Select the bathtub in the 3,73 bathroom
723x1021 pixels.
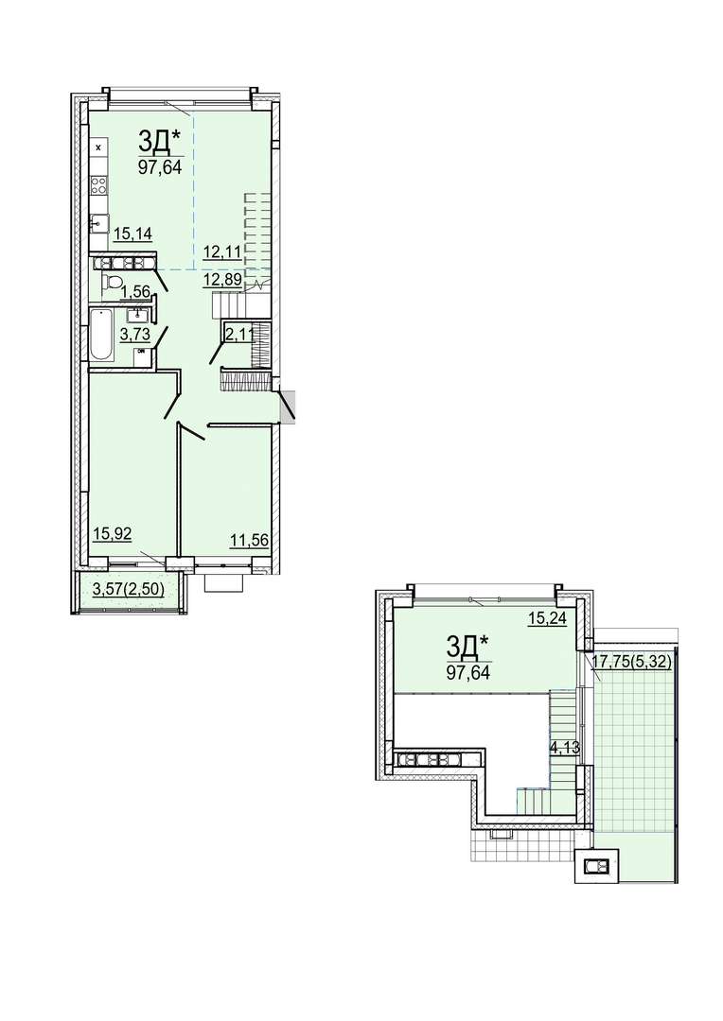(100, 336)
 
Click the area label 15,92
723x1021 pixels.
(113, 534)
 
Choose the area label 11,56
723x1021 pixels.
(249, 540)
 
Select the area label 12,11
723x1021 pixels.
(222, 252)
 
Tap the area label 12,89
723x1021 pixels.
(223, 280)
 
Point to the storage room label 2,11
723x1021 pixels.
(238, 336)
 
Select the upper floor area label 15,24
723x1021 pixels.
(547, 618)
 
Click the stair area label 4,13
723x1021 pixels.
(565, 748)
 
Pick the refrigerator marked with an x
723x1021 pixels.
(99, 147)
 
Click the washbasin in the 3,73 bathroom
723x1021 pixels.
(138, 315)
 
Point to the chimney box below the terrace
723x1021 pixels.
(596, 865)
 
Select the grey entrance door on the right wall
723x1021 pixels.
(288, 405)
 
